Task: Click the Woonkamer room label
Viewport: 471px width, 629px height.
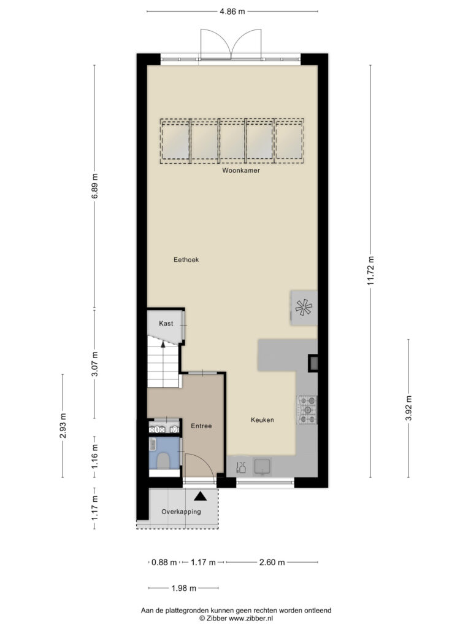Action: click(241, 171)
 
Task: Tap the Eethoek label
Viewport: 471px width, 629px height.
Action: click(186, 260)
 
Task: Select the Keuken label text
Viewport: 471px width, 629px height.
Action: click(262, 420)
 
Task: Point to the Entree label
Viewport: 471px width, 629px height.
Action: click(201, 426)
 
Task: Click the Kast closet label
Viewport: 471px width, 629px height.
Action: click(166, 323)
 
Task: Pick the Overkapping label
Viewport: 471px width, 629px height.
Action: click(181, 512)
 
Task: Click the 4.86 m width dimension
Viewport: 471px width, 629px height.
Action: click(232, 12)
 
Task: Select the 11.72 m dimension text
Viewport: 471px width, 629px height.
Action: click(370, 271)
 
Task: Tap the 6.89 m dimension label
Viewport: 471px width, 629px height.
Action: click(94, 186)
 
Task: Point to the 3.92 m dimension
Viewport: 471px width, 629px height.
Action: click(408, 408)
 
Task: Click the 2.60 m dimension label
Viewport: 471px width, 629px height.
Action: click(272, 563)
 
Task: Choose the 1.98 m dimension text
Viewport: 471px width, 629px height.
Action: click(184, 588)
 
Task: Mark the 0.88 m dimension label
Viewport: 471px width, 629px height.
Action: click(164, 563)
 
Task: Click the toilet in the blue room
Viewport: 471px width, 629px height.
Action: click(163, 461)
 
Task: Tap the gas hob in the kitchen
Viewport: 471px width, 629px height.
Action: click(307, 410)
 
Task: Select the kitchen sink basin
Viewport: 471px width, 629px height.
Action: click(262, 467)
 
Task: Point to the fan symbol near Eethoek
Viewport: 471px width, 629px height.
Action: click(304, 308)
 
